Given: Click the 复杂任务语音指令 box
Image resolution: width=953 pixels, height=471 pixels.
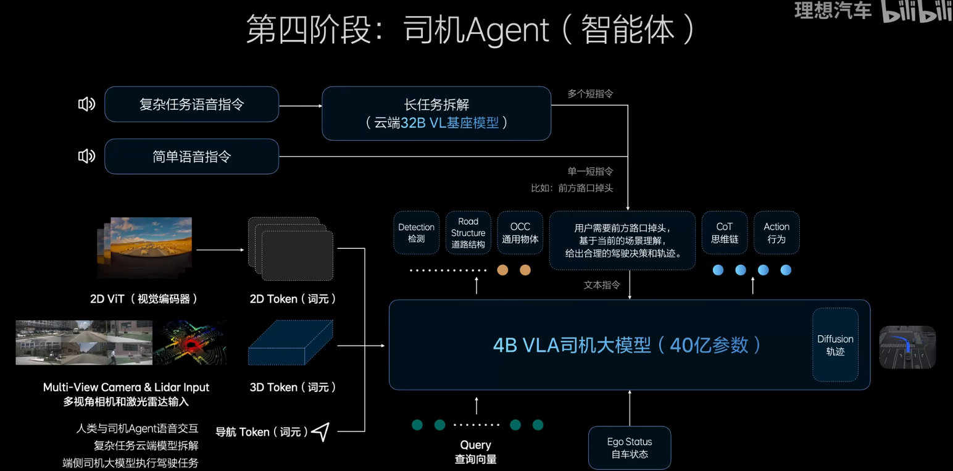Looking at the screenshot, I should (x=191, y=104).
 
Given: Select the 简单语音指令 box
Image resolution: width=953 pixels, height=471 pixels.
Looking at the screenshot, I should (x=191, y=156).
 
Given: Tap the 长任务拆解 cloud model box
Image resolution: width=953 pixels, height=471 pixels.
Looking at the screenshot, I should (x=436, y=114).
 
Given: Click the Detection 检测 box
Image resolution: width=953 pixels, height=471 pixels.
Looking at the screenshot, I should (x=416, y=233).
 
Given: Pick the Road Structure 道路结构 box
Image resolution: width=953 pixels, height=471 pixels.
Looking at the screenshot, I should (x=468, y=233).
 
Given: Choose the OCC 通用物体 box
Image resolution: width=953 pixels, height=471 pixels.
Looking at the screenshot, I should (x=520, y=233).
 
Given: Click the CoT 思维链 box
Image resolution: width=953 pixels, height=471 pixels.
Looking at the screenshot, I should (x=724, y=233).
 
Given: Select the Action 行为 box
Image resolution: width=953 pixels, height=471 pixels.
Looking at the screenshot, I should (x=776, y=233).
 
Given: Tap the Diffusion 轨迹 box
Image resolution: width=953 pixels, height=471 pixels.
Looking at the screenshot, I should (x=834, y=344).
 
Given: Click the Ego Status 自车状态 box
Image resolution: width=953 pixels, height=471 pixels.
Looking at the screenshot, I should (x=629, y=448).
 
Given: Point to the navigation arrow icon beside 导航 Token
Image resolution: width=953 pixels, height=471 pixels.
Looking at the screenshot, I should (x=320, y=431).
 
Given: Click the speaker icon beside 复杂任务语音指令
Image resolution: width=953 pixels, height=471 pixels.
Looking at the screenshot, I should (x=86, y=104).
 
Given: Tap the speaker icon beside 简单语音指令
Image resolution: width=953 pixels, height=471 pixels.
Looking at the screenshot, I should (x=86, y=156).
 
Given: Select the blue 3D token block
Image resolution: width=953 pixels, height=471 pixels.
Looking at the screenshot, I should (x=290, y=343).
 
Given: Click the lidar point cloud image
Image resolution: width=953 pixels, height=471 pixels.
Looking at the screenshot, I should (x=190, y=343).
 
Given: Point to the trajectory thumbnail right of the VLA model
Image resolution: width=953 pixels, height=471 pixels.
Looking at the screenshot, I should (x=907, y=347).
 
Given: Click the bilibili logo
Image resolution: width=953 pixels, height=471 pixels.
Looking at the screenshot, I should (x=916, y=12).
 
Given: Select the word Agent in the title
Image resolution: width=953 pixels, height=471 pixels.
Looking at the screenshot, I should (x=507, y=30).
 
